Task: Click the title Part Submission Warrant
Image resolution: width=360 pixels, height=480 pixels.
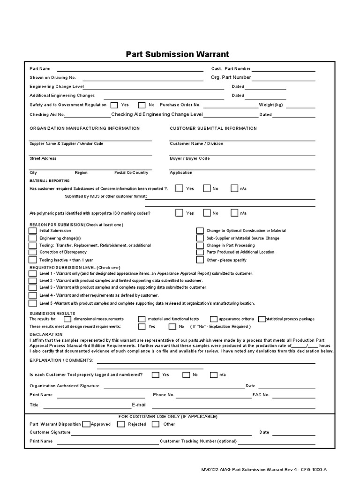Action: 178,54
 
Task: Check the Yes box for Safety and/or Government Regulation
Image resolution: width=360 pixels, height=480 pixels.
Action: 114,105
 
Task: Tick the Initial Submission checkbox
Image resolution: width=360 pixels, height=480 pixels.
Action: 32,231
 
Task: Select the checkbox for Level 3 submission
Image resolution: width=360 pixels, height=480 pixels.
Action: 32,287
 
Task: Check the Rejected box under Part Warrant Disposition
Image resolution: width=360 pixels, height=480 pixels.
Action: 120,424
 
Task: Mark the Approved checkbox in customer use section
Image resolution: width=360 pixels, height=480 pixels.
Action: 86,424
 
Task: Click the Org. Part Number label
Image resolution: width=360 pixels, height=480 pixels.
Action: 231,77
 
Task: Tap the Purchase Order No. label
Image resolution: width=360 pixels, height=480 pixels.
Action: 180,105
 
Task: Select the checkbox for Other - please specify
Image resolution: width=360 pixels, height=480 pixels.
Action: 200,260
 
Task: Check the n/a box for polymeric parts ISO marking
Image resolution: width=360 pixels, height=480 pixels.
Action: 234,213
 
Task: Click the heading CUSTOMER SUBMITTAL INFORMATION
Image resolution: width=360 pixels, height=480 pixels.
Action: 213,128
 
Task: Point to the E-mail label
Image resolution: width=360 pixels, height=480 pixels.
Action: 139,405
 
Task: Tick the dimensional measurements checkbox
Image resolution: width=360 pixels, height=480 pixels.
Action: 67,319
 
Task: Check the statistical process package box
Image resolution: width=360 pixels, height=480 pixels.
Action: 262,319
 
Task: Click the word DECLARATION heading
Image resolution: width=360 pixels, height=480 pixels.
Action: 46,334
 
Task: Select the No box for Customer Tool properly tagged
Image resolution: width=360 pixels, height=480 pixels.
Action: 186,375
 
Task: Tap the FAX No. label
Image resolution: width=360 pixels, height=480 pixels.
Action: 261,395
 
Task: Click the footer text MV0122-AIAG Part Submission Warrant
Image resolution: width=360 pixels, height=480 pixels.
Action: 244,469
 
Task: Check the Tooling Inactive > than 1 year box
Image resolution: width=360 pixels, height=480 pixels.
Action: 32,260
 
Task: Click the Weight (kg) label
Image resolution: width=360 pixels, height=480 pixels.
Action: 271,105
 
